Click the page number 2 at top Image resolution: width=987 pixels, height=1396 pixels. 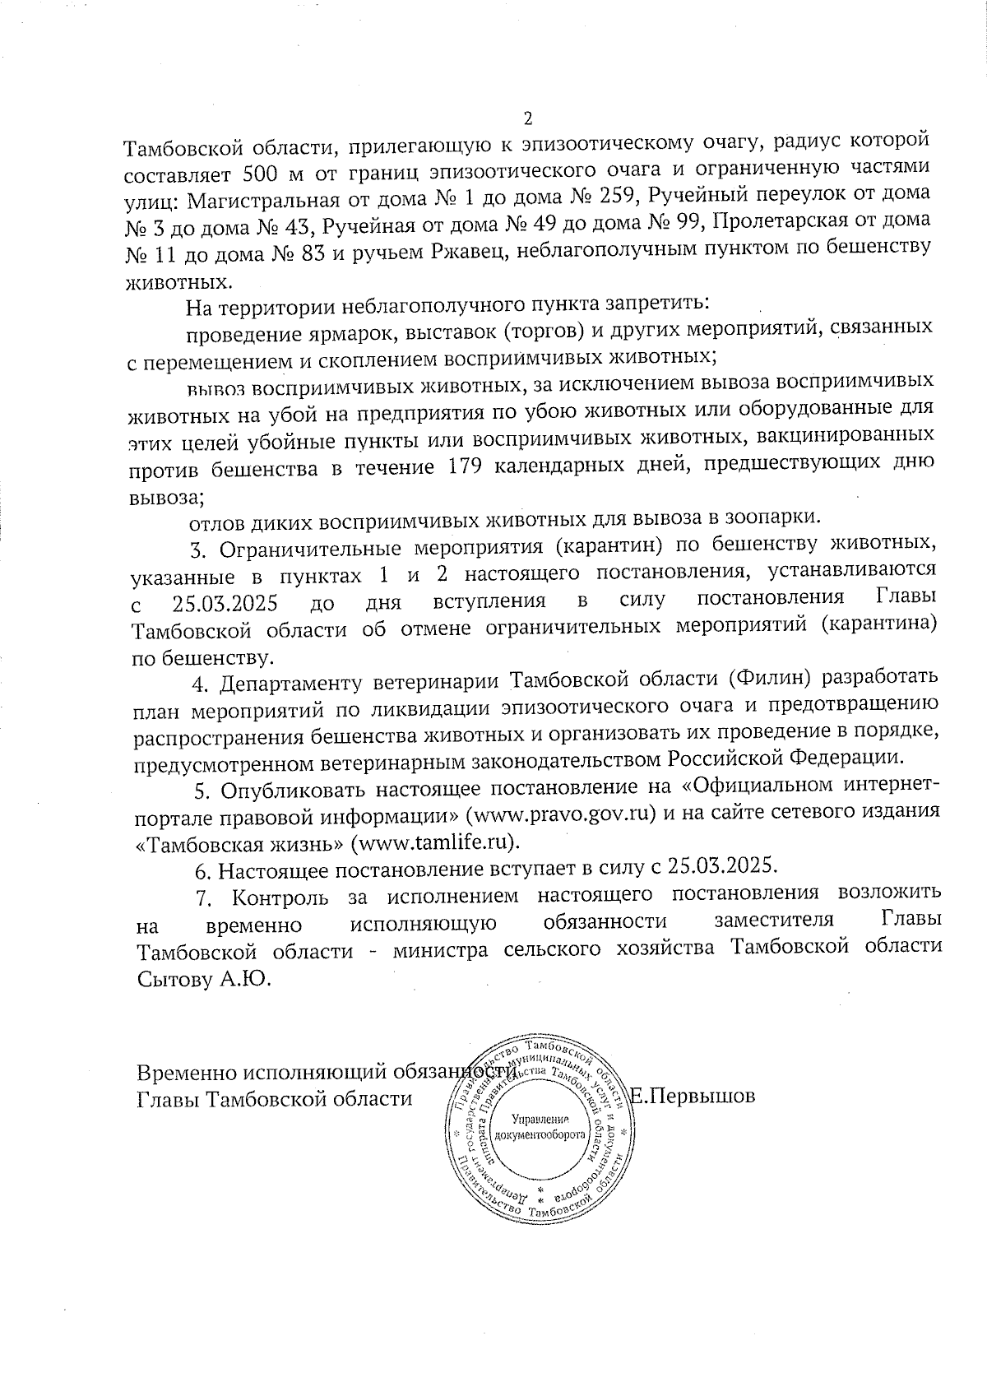[529, 116]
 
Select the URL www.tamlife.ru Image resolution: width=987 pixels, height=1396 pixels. [435, 842]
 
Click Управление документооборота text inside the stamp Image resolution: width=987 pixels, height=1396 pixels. [540, 1127]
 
